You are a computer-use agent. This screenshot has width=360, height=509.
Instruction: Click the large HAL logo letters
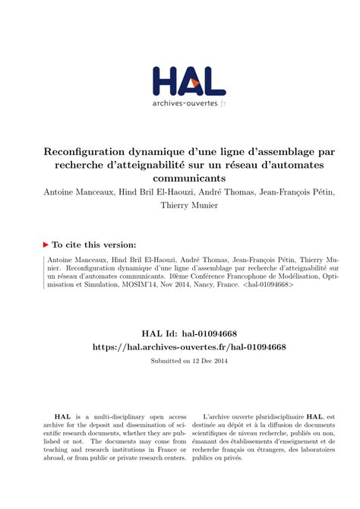[188, 81]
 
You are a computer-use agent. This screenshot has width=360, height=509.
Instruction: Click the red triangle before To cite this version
[46, 245]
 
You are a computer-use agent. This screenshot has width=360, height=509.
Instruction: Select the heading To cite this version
[95, 245]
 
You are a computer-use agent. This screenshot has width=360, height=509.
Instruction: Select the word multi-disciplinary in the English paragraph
[111, 417]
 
